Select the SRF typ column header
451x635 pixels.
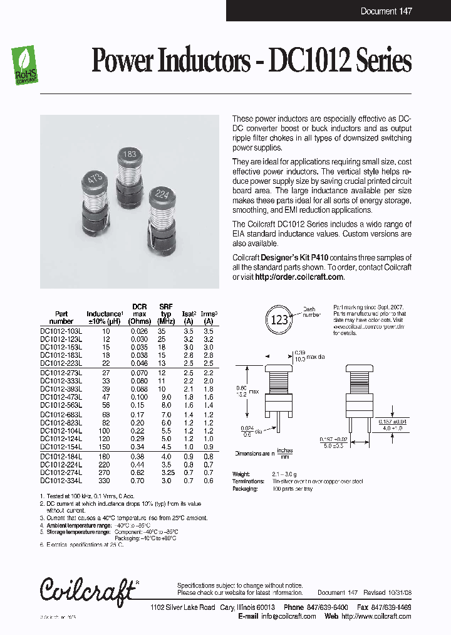coord(165,310)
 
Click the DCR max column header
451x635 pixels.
coord(139,310)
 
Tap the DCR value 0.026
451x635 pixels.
coord(138,330)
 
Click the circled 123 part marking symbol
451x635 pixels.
coord(279,319)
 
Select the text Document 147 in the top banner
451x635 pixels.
coord(386,11)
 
